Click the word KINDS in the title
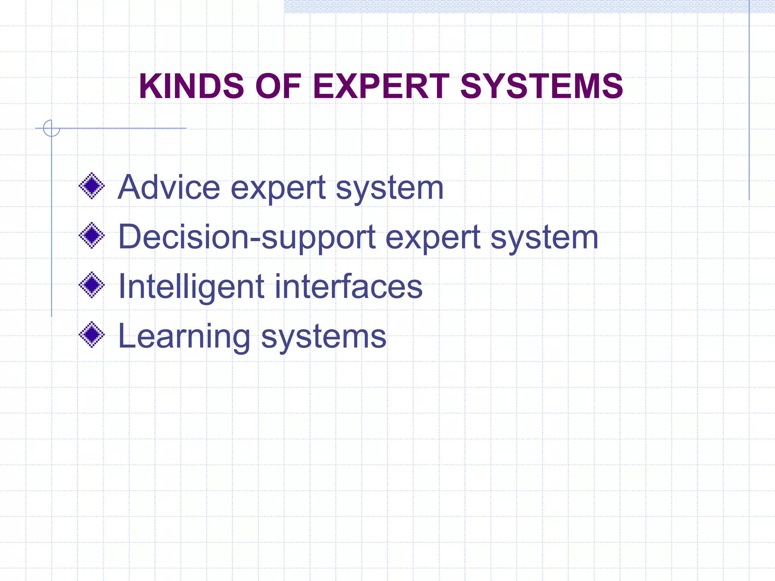(191, 86)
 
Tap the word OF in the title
(278, 86)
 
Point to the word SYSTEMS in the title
(542, 86)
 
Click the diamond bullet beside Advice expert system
(92, 186)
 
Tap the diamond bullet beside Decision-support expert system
(92, 235)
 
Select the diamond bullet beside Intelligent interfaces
(92, 285)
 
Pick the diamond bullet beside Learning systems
(92, 334)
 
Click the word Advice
(169, 187)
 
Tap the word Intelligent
(191, 287)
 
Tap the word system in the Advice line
(390, 188)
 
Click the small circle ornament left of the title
(51, 128)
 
